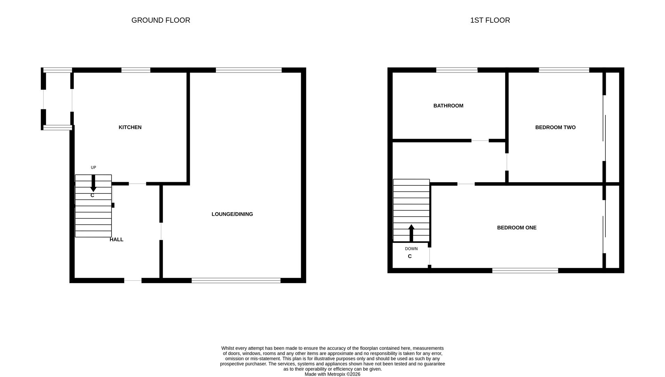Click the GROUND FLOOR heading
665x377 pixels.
click(161, 20)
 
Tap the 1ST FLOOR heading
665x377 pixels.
click(490, 20)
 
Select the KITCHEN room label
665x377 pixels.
click(130, 127)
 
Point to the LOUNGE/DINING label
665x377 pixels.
click(232, 214)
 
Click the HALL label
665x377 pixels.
click(116, 239)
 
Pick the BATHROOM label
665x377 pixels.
click(448, 106)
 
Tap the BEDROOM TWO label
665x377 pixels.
click(555, 127)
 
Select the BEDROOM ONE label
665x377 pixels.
click(517, 228)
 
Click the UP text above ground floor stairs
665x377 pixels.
click(93, 168)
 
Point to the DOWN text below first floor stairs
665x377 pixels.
click(411, 249)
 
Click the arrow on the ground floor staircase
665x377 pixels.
click(93, 183)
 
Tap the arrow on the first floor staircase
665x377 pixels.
click(411, 233)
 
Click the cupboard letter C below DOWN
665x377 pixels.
click(410, 256)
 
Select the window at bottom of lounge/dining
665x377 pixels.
click(236, 280)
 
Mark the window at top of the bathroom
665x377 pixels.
click(457, 70)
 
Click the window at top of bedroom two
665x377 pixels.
click(564, 70)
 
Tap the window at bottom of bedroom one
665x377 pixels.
click(525, 271)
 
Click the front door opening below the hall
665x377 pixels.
click(133, 280)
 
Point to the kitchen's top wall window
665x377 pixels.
click(136, 70)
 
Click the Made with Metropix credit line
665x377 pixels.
click(332, 374)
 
